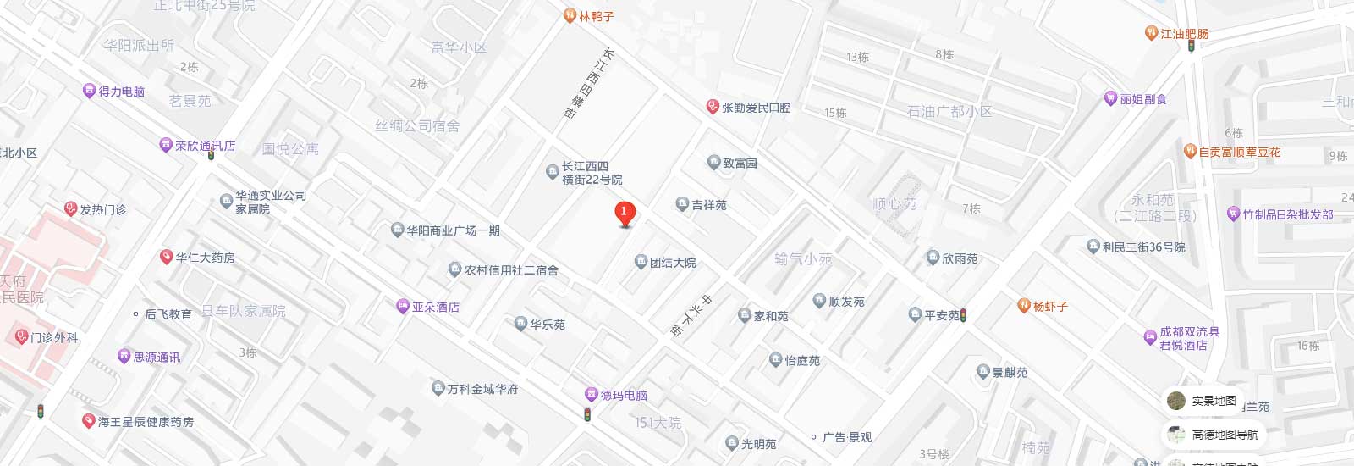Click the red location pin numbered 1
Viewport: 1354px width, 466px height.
pyautogui.click(x=624, y=213)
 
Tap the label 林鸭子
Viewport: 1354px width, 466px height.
pyautogui.click(x=596, y=16)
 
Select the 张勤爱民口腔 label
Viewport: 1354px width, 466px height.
pyautogui.click(x=755, y=108)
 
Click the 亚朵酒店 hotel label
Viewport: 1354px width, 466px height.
pyautogui.click(x=435, y=308)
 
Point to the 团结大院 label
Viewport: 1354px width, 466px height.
pyautogui.click(x=672, y=263)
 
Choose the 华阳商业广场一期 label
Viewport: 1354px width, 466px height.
pyautogui.click(x=453, y=230)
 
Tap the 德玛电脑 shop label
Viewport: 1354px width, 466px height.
pyautogui.click(x=624, y=395)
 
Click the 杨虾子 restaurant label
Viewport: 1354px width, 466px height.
pyautogui.click(x=1049, y=306)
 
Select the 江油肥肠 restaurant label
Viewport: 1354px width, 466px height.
pyautogui.click(x=1184, y=34)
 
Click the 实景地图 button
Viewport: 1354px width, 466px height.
pyautogui.click(x=1213, y=401)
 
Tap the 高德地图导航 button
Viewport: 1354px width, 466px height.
pyautogui.click(x=1224, y=435)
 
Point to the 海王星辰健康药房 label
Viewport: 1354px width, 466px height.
pyautogui.click(x=146, y=421)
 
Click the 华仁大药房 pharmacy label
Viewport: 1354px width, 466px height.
pyautogui.click(x=205, y=258)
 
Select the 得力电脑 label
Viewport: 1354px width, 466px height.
pyautogui.click(x=121, y=92)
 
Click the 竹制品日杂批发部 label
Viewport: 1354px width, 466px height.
pyautogui.click(x=1287, y=214)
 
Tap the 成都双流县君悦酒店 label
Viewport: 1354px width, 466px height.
pyautogui.click(x=1189, y=338)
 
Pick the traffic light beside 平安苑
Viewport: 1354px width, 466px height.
pyautogui.click(x=963, y=315)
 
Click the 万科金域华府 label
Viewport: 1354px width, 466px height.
pyautogui.click(x=482, y=389)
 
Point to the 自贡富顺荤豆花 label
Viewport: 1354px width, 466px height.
pyautogui.click(x=1239, y=153)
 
